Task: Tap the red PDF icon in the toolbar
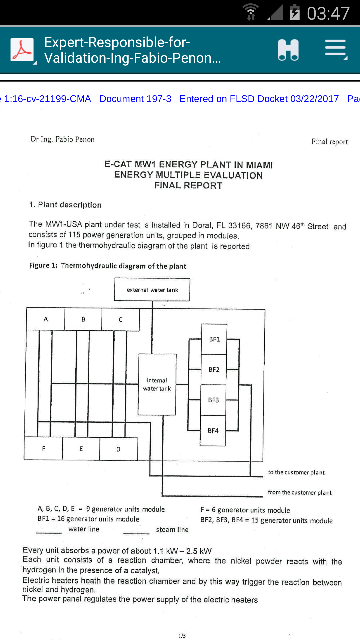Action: click(x=22, y=50)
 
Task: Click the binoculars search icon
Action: click(x=288, y=50)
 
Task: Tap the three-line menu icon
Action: click(x=336, y=50)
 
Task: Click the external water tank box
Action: click(x=152, y=290)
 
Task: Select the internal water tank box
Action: click(x=157, y=384)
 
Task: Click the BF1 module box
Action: click(x=214, y=339)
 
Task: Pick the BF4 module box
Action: click(x=213, y=431)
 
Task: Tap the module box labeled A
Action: click(x=46, y=319)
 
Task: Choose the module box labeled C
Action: click(x=121, y=320)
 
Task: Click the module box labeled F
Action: click(x=43, y=448)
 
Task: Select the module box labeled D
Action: click(x=119, y=449)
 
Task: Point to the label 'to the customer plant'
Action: click(x=296, y=472)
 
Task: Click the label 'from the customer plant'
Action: click(x=300, y=492)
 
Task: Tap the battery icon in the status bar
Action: click(x=294, y=12)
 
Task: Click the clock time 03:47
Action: click(x=328, y=13)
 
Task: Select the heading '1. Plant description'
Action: click(x=65, y=205)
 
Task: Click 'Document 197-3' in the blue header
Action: click(x=135, y=99)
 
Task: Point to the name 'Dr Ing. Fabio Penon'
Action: click(x=62, y=139)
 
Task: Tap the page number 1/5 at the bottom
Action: click(x=182, y=636)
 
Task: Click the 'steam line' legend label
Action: click(x=172, y=530)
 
